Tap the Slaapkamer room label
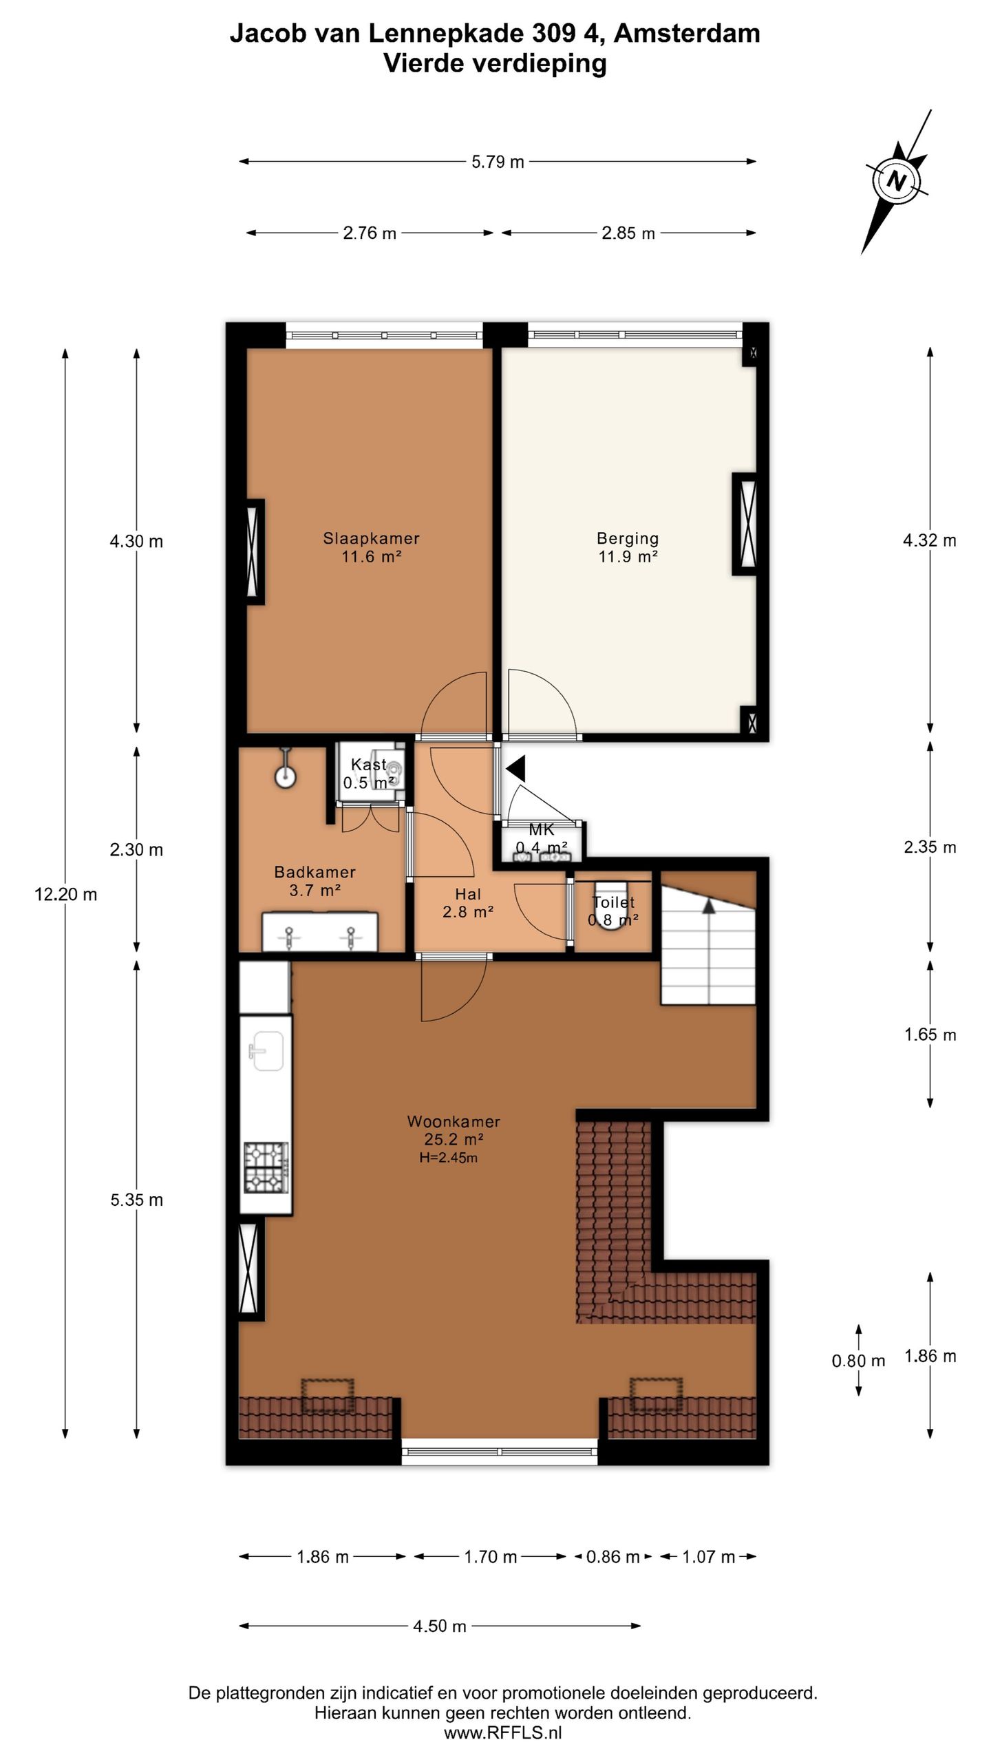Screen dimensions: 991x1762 click(x=371, y=538)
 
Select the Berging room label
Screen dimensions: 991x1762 click(x=628, y=538)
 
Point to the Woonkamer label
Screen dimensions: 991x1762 click(x=454, y=1121)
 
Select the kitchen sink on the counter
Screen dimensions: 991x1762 click(x=266, y=1051)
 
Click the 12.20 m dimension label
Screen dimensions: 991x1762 click(x=65, y=895)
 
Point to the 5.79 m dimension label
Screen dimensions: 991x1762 click(x=498, y=162)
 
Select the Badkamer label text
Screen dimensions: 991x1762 click(x=315, y=872)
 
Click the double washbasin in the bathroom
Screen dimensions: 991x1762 click(x=320, y=931)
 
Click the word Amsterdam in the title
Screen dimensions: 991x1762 click(x=687, y=33)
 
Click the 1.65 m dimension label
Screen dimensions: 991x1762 click(x=930, y=1034)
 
